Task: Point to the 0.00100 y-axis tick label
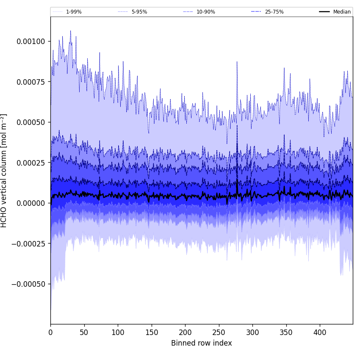click(x=31, y=42)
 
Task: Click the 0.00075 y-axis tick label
click(x=31, y=82)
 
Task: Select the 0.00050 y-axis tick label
click(x=31, y=122)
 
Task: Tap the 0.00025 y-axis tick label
click(x=31, y=163)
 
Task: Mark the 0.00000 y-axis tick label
click(x=31, y=203)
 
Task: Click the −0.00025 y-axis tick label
click(x=29, y=244)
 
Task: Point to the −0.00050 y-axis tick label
click(x=29, y=284)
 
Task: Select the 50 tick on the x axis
click(x=84, y=332)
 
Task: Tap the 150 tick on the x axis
click(x=152, y=332)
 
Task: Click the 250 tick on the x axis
click(x=219, y=332)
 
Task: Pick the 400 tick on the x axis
click(x=320, y=332)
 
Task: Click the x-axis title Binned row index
click(x=202, y=343)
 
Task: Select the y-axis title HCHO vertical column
click(x=4, y=171)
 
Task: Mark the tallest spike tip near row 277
click(x=237, y=62)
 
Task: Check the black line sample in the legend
click(x=324, y=12)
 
